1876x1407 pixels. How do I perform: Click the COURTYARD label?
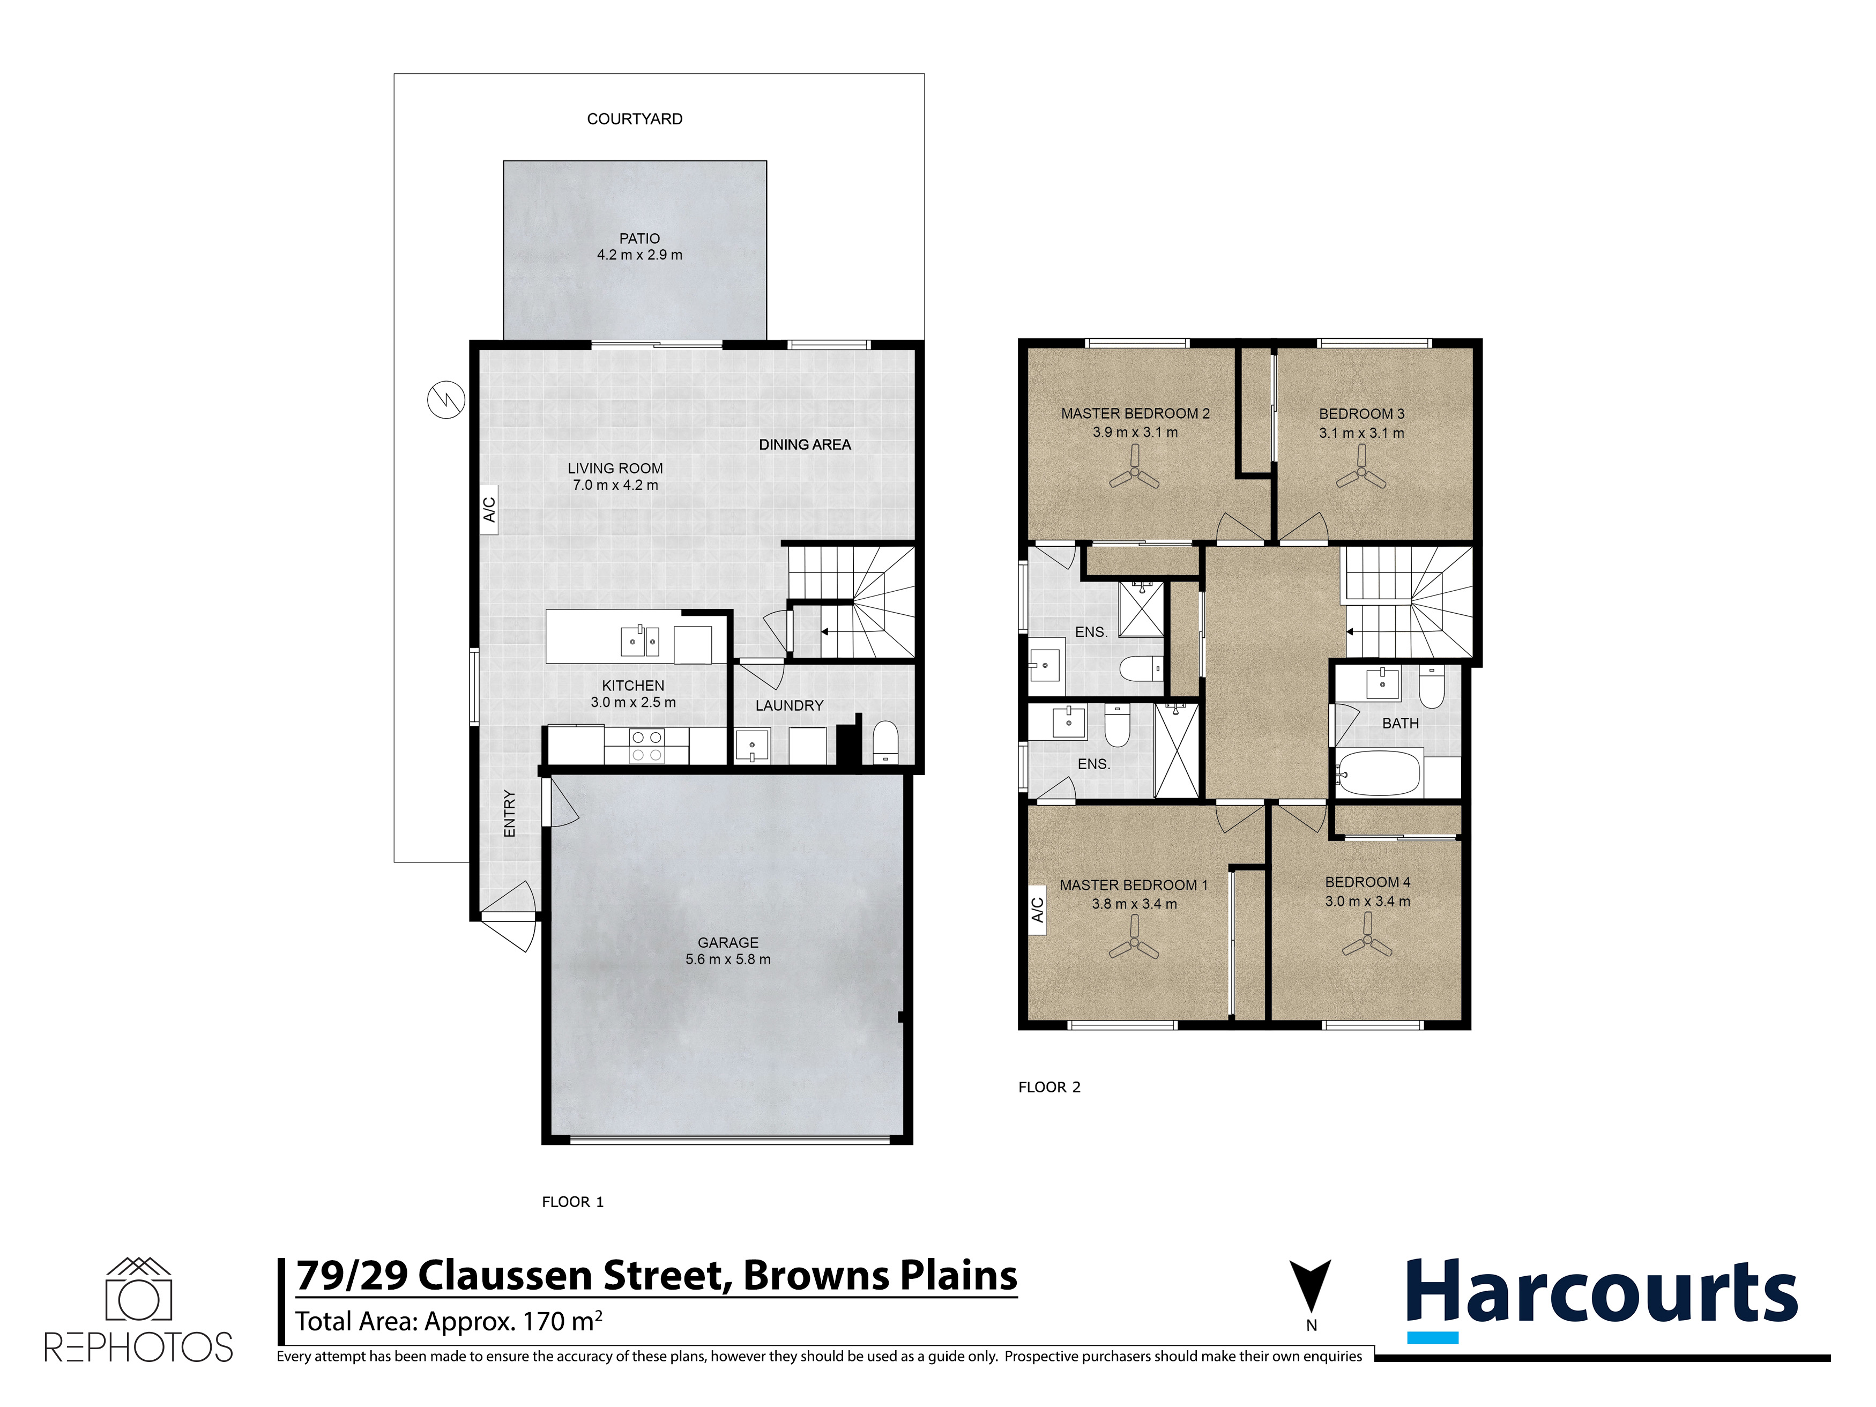click(635, 119)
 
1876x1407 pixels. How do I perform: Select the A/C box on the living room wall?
click(489, 509)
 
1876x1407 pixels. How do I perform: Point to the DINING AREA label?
click(804, 444)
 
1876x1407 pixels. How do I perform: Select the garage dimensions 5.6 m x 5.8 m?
click(728, 959)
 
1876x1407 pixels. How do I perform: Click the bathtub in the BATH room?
click(1378, 772)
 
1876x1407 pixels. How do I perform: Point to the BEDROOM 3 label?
click(1361, 414)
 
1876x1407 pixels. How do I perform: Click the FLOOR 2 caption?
click(1049, 1087)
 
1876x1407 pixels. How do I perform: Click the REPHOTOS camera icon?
click(138, 1290)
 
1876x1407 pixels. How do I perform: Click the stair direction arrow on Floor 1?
click(823, 632)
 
